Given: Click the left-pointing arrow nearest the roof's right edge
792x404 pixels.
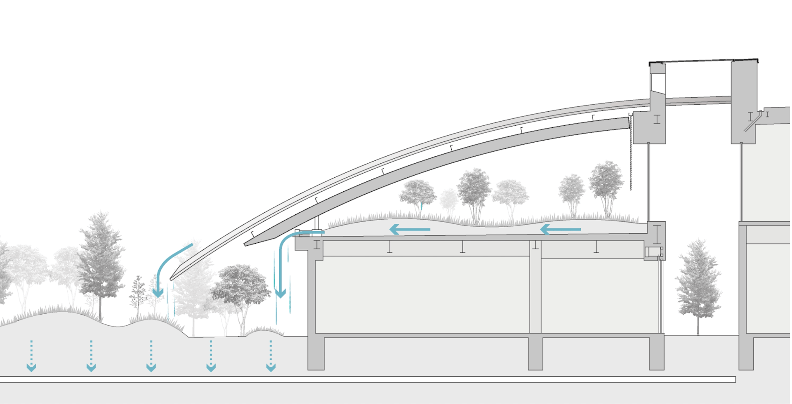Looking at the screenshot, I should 561,229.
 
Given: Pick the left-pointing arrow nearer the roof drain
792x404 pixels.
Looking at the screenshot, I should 410,229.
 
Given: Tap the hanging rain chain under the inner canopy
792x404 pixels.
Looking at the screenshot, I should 631,157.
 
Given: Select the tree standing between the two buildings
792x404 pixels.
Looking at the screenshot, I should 698,284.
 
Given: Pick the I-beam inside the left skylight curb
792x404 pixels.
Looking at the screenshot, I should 657,120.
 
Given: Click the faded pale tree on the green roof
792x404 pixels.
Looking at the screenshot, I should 448,202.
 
